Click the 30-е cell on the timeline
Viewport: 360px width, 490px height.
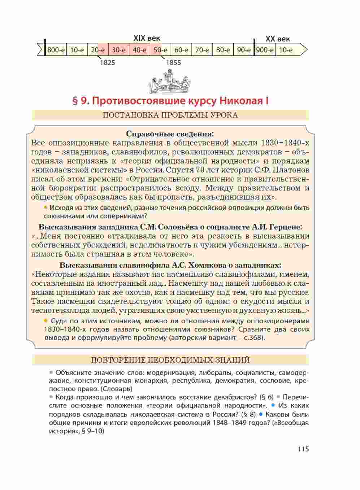tap(118, 50)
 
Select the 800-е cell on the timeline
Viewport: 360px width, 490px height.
tap(56, 50)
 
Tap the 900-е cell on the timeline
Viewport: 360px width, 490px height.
tap(265, 50)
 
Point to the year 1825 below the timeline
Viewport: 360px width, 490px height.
tap(107, 62)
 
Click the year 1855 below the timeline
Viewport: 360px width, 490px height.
tap(173, 62)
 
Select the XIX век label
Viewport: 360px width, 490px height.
tap(147, 38)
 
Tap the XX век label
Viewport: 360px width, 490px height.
tap(278, 39)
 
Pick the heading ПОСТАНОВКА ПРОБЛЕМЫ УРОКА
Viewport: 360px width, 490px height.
tap(170, 115)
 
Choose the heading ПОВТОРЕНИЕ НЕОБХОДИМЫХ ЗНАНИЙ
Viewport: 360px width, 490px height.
tap(170, 360)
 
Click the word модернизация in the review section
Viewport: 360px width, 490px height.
tap(169, 372)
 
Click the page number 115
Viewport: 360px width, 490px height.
tap(303, 449)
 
